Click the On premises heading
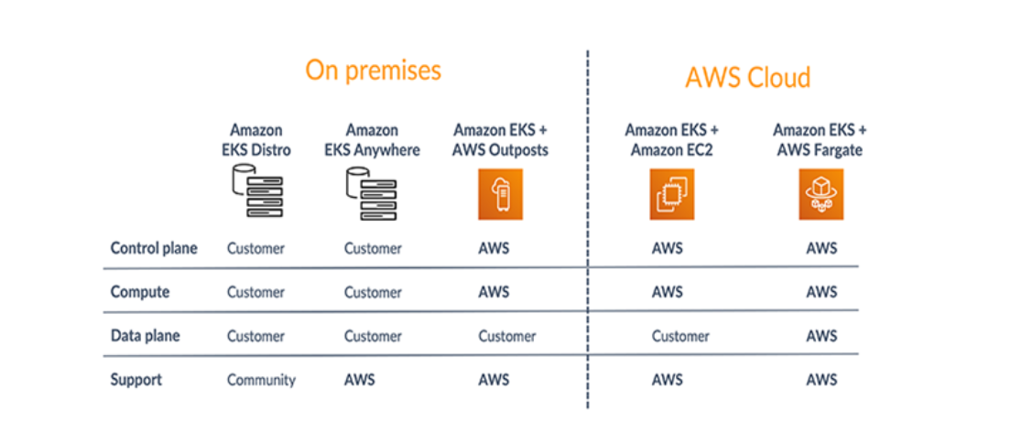point(373,70)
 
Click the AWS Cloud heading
point(747,78)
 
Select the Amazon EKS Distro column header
point(255,140)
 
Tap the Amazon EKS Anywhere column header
point(372,140)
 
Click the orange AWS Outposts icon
point(500,195)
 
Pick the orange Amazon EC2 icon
point(672,195)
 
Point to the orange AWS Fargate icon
point(820,195)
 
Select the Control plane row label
point(153,248)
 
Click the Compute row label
point(139,292)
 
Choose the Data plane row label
point(145,336)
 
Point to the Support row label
point(137,379)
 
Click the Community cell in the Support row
point(261,380)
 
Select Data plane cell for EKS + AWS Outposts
point(506,336)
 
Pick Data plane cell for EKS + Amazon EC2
point(680,336)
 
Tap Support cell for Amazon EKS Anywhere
point(359,379)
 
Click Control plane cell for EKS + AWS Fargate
point(821,248)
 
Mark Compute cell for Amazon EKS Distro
point(255,292)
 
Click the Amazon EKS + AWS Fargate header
point(820,140)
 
